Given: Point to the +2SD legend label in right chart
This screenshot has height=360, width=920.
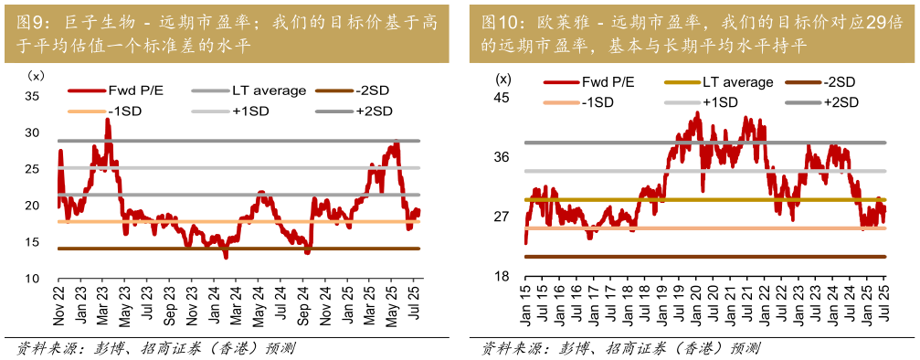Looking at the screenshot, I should (842, 102).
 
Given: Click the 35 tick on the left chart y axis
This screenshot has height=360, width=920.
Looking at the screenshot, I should (32, 97).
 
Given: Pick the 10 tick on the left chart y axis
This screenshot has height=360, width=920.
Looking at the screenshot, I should (32, 279).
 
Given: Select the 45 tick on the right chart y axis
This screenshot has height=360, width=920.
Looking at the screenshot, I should (501, 98).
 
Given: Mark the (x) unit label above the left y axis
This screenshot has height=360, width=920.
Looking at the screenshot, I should (36, 75).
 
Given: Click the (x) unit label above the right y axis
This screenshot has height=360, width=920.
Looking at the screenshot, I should (504, 78).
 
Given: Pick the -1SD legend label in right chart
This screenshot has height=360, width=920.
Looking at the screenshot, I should (597, 102).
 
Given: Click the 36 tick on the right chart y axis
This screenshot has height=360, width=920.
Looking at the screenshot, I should (501, 157).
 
